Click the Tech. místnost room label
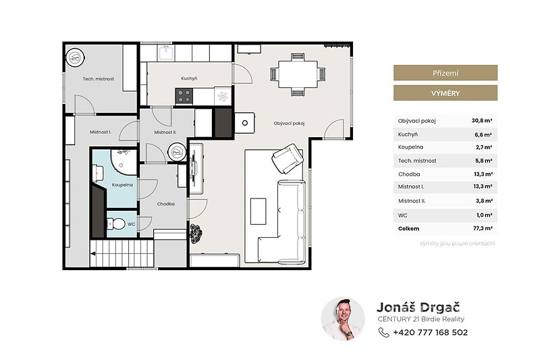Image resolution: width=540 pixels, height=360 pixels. pos(98,79)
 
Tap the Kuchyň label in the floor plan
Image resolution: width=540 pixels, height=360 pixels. pos(189,78)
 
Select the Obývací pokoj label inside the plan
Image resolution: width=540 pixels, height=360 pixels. pos(289,124)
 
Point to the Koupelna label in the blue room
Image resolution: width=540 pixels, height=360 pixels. pos(122,185)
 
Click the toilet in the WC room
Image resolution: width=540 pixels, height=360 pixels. pos(116,224)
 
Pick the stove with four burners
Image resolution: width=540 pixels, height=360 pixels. pos(184,96)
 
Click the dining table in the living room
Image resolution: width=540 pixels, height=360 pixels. pos(298,74)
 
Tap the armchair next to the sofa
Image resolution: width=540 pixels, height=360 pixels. pos(288,159)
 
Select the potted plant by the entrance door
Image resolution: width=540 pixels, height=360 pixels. pos(196,232)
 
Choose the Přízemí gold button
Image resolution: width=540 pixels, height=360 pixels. pos(446,73)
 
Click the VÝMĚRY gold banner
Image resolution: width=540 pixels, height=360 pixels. pos(446,93)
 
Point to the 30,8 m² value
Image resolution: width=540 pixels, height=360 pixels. pos(482,121)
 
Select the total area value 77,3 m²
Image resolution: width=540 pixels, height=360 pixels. pos(483,228)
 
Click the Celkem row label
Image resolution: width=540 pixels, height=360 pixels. pos(408,228)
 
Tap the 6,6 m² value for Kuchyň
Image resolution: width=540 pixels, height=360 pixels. pos(483,134)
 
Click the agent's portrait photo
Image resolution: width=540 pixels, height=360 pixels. pos(343,319)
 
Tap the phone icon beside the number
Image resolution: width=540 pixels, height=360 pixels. pos(383,332)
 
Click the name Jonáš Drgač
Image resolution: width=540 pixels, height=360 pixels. pos(418,307)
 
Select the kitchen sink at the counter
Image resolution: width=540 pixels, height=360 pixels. pos(166,53)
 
